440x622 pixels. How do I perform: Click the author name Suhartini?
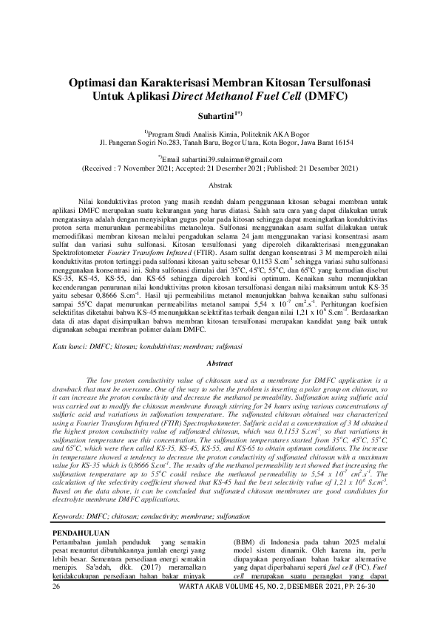pyautogui.click(x=214, y=116)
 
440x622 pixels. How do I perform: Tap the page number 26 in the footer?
pyautogui.click(x=57, y=586)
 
